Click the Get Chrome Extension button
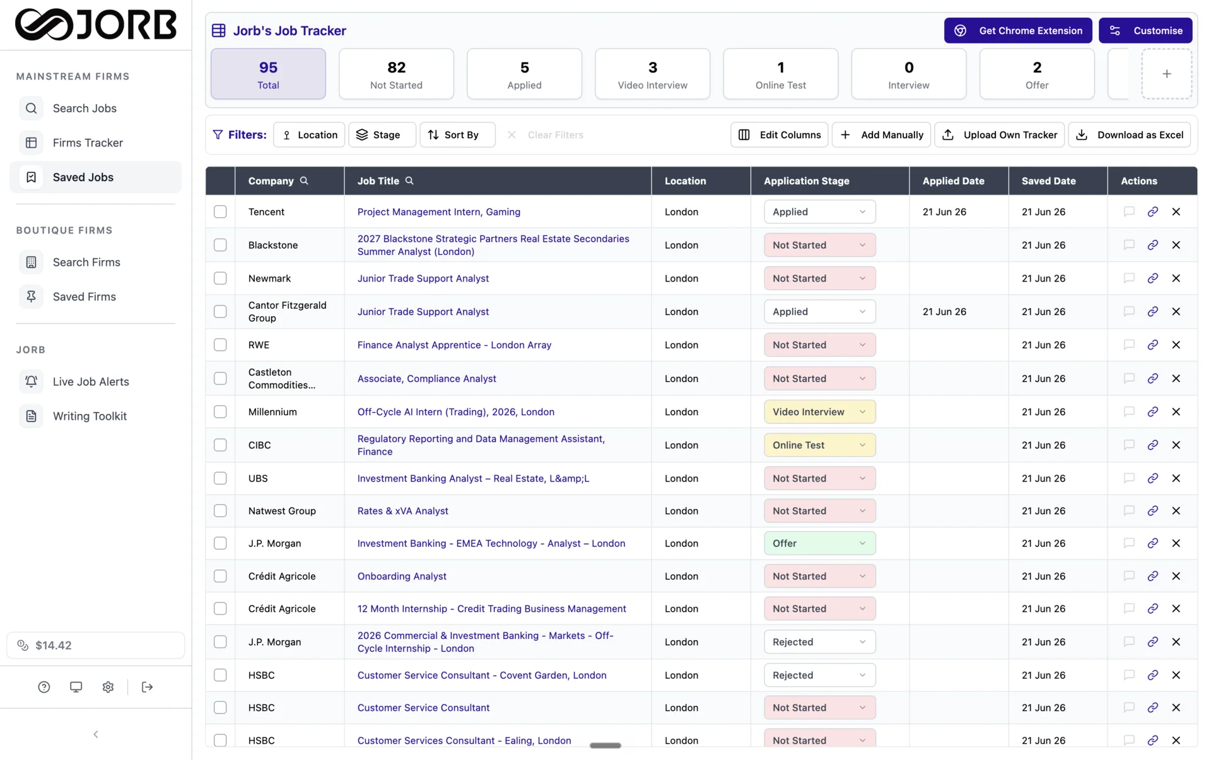(1017, 30)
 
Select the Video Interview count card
(652, 74)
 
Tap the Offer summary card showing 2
(1036, 74)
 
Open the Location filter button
(309, 134)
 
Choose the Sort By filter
(457, 134)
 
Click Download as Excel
(1129, 134)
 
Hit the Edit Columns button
(779, 134)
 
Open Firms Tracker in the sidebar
(88, 143)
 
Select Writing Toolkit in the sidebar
(90, 416)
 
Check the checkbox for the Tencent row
(220, 211)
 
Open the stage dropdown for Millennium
(819, 412)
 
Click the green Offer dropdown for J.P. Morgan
(819, 543)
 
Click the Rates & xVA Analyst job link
(402, 511)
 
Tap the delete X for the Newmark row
(1176, 278)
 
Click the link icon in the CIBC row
(1152, 445)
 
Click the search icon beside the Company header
(304, 181)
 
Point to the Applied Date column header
(953, 181)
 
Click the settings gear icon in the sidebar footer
(108, 687)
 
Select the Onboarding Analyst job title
(402, 576)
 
